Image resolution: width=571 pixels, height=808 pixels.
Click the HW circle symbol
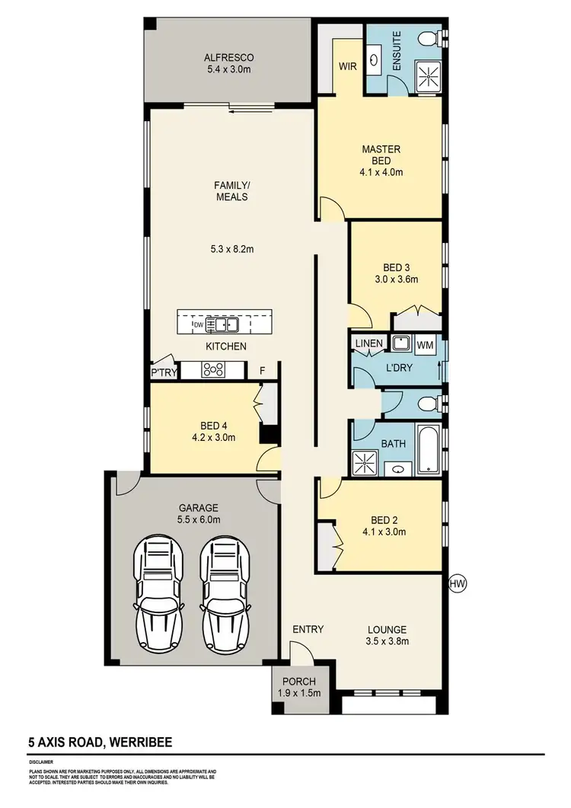pyautogui.click(x=458, y=583)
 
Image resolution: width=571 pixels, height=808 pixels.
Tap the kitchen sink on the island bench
pyautogui.click(x=225, y=325)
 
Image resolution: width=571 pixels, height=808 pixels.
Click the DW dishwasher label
pyautogui.click(x=198, y=325)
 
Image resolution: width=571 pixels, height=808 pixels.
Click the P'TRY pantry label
pyautogui.click(x=164, y=372)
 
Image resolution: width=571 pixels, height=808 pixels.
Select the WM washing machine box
pyautogui.click(x=425, y=344)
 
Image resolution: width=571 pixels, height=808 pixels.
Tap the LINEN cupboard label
pyautogui.click(x=368, y=344)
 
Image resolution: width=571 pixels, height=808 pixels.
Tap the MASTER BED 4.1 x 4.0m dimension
pyautogui.click(x=381, y=172)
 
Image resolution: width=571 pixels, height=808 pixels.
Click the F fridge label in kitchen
pyautogui.click(x=263, y=371)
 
